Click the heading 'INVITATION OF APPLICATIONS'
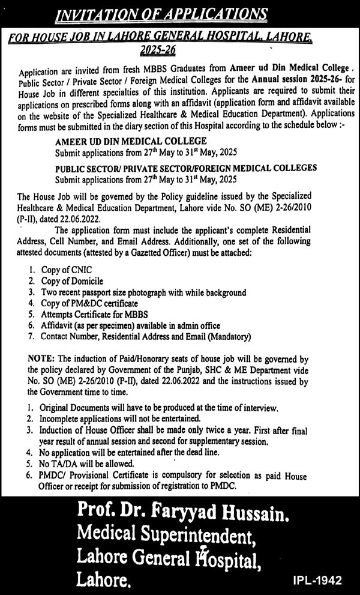(x=179, y=12)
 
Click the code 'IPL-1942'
(x=319, y=581)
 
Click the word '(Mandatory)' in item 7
(x=229, y=336)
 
